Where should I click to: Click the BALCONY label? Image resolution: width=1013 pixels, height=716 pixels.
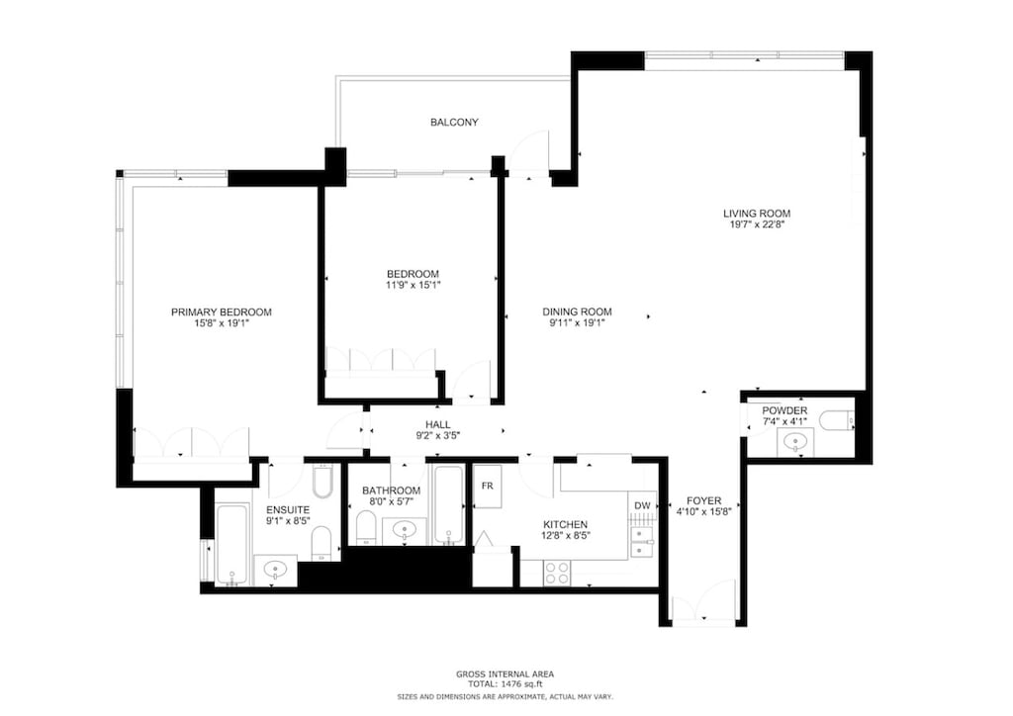[454, 123]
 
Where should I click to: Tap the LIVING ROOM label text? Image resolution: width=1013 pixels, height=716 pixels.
[756, 213]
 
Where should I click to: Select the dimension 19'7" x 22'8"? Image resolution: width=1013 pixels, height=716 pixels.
[756, 224]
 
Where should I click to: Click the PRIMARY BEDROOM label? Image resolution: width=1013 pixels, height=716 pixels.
[221, 312]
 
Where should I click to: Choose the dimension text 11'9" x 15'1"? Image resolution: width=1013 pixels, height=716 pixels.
[413, 286]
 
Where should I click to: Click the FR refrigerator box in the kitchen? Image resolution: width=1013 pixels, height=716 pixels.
[488, 487]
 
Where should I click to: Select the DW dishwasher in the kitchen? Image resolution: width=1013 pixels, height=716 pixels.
[642, 506]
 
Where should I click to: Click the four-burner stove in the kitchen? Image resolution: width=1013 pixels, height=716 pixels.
[557, 573]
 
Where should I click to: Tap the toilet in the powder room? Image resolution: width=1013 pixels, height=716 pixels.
[837, 422]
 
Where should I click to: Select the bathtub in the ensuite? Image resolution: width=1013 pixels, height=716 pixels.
[231, 545]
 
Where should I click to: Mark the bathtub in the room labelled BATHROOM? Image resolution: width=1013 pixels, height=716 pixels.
[449, 505]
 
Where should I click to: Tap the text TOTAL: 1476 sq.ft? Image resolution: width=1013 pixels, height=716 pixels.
[506, 683]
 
